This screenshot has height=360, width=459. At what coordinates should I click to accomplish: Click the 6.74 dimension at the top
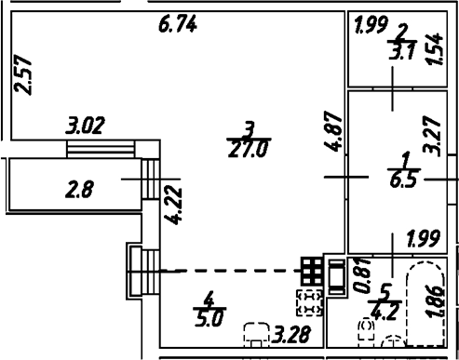(x=178, y=24)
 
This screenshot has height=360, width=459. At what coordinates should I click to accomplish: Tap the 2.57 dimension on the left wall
(x=23, y=74)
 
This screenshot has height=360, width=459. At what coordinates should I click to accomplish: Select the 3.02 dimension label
(x=85, y=126)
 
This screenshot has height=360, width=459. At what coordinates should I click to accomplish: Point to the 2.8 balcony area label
(x=79, y=190)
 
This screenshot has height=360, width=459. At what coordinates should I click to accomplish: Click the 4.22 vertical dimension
(x=173, y=206)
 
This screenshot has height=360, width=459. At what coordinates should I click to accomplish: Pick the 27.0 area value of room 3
(x=248, y=150)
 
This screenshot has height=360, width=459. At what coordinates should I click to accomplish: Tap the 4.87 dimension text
(x=333, y=131)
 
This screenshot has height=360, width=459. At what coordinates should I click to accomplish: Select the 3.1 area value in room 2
(x=402, y=51)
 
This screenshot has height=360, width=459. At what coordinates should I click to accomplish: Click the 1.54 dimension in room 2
(x=434, y=49)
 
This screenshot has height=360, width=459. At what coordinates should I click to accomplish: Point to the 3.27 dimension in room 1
(x=432, y=136)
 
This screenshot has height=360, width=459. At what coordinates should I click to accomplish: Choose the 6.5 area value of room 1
(x=403, y=180)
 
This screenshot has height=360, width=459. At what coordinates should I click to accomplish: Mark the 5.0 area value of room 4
(x=209, y=318)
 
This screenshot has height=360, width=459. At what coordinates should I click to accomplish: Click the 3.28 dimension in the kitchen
(x=291, y=335)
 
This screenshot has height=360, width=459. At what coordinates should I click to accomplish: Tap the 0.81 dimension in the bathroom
(x=363, y=275)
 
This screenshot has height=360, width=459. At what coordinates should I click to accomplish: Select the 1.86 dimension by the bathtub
(x=435, y=300)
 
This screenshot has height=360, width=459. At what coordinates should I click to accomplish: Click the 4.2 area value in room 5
(x=384, y=313)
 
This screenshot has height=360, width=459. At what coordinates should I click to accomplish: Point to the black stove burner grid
(x=312, y=272)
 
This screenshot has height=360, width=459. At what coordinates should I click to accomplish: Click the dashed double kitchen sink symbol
(x=309, y=302)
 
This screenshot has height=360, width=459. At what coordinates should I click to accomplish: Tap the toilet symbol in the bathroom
(x=366, y=330)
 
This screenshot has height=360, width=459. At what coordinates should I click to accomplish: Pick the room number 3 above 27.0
(x=250, y=130)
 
